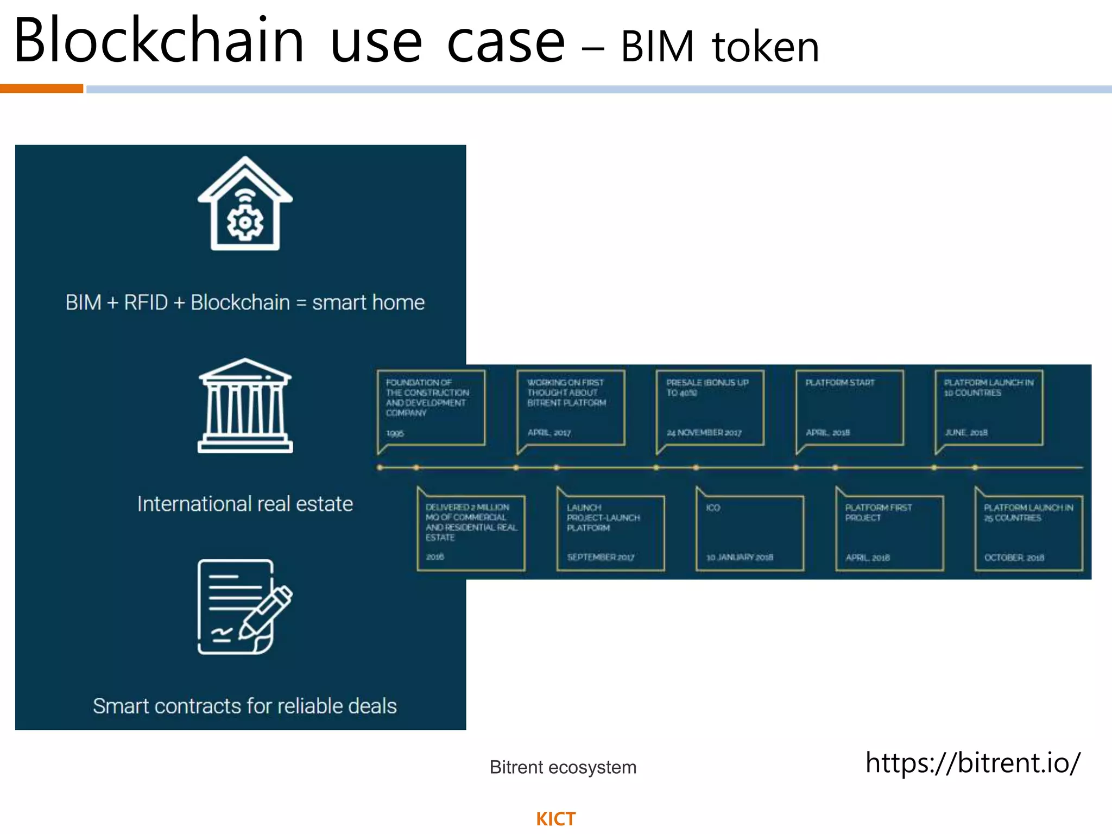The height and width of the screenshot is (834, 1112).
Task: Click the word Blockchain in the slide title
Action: click(x=159, y=41)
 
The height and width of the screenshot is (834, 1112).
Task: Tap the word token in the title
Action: click(x=765, y=47)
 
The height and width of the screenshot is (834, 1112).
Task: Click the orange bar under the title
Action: click(x=41, y=89)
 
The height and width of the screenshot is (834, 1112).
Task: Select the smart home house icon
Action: click(x=245, y=203)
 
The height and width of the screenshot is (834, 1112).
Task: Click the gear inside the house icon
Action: click(x=245, y=223)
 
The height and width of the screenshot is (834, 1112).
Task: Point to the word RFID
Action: click(x=146, y=302)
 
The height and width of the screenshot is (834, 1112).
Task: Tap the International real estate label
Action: click(x=245, y=504)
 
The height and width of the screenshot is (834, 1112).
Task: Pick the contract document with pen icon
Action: click(x=245, y=606)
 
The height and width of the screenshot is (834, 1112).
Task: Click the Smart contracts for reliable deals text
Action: click(x=245, y=706)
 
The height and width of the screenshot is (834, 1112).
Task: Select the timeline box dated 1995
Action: click(x=431, y=408)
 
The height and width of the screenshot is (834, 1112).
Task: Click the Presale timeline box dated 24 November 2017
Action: click(x=710, y=408)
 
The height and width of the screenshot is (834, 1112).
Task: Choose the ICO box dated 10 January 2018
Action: click(x=750, y=533)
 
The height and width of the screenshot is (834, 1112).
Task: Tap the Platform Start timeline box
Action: click(x=849, y=408)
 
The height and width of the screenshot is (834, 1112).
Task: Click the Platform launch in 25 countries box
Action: click(x=1028, y=533)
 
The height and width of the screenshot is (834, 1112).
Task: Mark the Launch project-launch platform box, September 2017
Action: click(x=610, y=533)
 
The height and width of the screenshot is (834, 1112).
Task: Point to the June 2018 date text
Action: click(x=966, y=433)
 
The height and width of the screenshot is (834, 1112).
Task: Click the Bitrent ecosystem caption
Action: click(x=563, y=767)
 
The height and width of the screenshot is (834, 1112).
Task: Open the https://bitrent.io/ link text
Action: click(x=972, y=763)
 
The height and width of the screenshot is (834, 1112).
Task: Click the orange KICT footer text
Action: click(x=555, y=819)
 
